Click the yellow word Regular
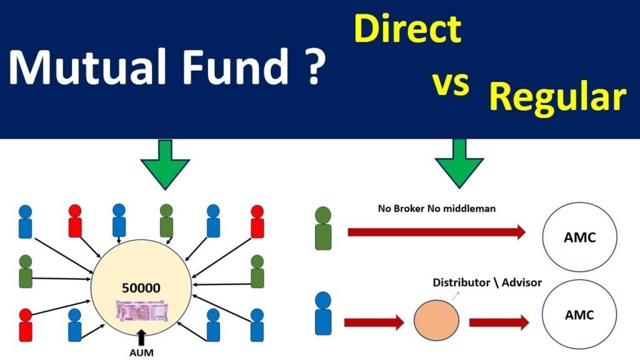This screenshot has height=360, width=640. click(557, 98)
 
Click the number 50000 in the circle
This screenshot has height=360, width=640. click(141, 288)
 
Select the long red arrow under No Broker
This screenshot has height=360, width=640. click(436, 232)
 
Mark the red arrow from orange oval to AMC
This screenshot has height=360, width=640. click(497, 322)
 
